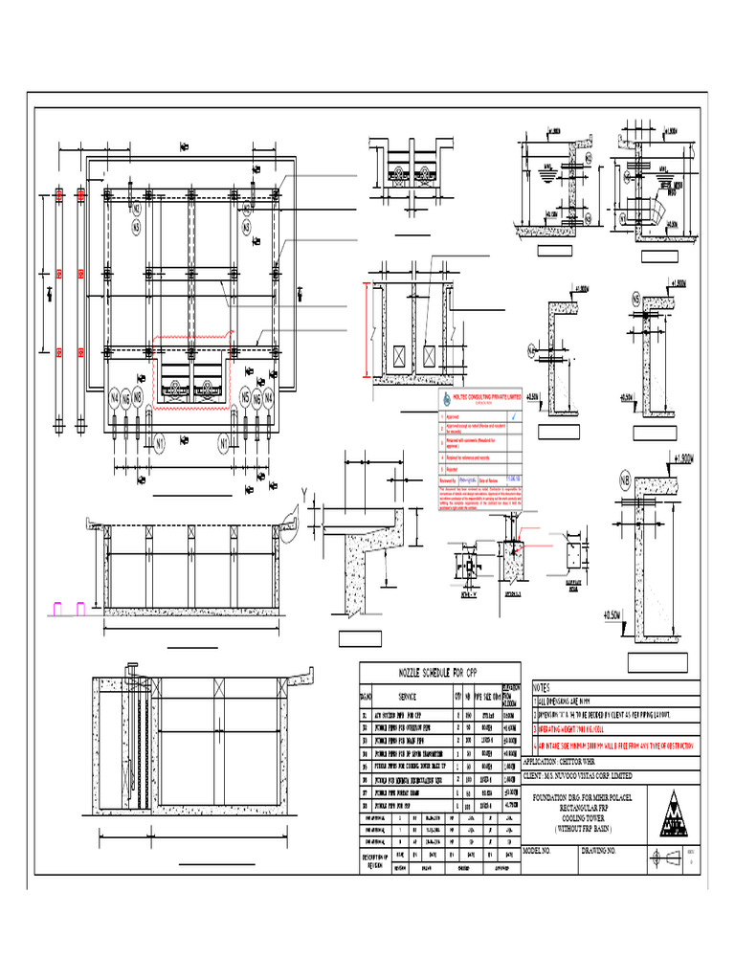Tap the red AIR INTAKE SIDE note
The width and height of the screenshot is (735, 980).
(x=621, y=742)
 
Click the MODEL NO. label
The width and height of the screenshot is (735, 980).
(x=540, y=850)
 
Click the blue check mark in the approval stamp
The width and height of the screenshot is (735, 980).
(x=515, y=417)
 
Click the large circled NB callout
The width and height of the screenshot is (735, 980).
(x=626, y=479)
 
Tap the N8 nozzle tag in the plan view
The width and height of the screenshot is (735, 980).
(x=138, y=397)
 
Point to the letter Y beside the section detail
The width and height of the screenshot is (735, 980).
(x=306, y=494)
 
